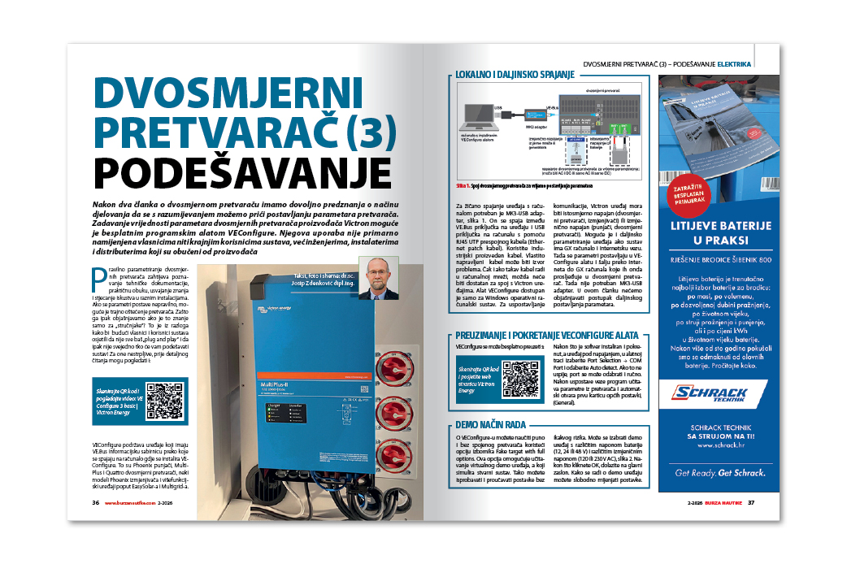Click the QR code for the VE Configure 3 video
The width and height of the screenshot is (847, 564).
(165, 401)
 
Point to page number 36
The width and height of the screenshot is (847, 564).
(95, 502)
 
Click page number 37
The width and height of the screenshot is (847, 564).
(752, 502)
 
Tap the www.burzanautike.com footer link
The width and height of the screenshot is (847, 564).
(129, 502)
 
